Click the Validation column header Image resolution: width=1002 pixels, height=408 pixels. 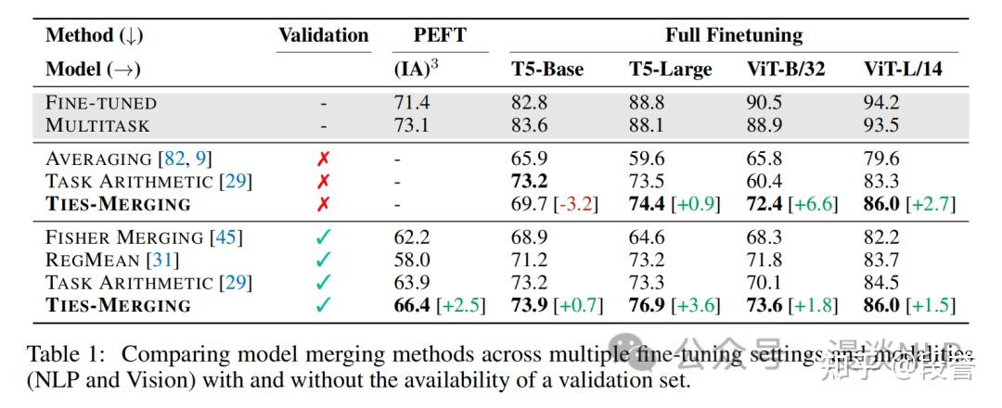point(323,36)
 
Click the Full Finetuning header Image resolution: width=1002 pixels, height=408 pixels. point(733,36)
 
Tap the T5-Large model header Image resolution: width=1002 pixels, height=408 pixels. point(670,70)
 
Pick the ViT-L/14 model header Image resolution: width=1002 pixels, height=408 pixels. point(903,70)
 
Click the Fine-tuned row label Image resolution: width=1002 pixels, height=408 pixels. point(101,102)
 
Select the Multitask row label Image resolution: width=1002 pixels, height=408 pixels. point(97,124)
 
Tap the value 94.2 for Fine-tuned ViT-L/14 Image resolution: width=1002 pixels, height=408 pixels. point(881,102)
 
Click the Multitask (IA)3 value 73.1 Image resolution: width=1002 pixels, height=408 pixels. point(412,124)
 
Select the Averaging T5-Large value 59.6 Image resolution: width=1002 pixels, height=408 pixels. point(647,159)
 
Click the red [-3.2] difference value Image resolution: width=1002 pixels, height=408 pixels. point(575,204)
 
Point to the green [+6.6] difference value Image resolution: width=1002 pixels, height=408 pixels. point(810,204)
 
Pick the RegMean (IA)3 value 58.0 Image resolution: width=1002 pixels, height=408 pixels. point(412,260)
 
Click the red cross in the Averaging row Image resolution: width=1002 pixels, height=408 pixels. point(323,159)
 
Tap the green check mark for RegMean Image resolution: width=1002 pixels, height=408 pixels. point(323,260)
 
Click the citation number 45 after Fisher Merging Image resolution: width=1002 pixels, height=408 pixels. point(225,237)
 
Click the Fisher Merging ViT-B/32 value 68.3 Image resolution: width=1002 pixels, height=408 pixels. point(764,237)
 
